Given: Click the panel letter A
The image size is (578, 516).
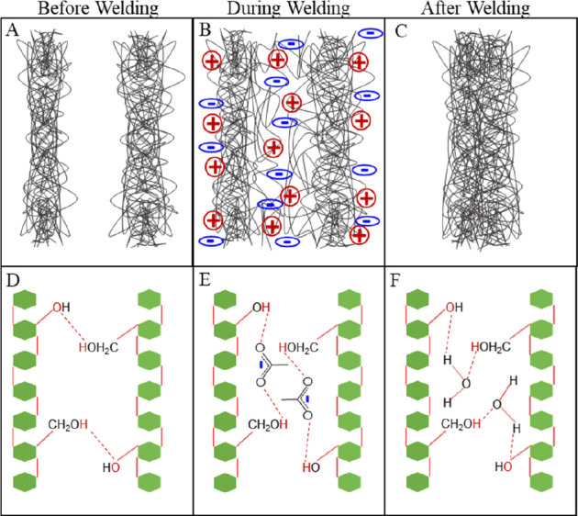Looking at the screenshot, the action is coord(12,30).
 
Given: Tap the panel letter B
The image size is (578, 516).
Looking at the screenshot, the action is coord(205,30).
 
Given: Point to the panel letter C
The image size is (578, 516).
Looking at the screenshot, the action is coord(401,31).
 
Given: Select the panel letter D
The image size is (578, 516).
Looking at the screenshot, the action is coord(13,281).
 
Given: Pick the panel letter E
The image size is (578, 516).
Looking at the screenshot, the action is coord(205,281).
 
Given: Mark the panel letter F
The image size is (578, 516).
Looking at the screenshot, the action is coord(395,281).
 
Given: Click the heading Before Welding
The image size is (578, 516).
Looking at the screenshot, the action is coord(98,9).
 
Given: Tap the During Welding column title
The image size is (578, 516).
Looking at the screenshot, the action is coord(289,9).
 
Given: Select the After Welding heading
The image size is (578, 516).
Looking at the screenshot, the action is coord(476,9).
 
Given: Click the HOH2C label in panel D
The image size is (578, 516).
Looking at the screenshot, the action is coord(99,347).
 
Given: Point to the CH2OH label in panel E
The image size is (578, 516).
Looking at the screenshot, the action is coord(268,424).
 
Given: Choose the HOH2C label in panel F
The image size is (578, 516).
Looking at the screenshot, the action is coord(491,347).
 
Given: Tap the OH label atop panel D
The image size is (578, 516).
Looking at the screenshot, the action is coord(61,307).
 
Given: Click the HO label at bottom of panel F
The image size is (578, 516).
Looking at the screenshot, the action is coord(504,467).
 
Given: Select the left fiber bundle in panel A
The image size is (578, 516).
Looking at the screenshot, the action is coord(46,139).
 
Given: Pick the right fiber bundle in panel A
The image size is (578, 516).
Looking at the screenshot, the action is coord(147,140).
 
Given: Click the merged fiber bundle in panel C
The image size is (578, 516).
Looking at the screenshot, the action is coord(481,140).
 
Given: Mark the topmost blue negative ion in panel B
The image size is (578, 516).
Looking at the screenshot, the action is coord(371,33).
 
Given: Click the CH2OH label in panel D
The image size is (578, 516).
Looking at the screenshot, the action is coord(68,424).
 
